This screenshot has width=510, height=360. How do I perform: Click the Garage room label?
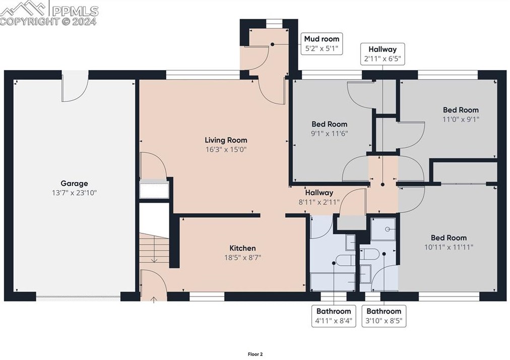coord(74,183)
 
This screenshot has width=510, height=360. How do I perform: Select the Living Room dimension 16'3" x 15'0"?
coord(226,150)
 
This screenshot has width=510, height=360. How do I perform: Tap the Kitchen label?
coord(242,248)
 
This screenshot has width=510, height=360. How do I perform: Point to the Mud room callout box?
coord(322,44)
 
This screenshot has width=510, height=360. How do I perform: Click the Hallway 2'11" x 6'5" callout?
coord(382,54)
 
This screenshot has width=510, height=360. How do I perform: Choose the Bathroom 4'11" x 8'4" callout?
coord(334,316)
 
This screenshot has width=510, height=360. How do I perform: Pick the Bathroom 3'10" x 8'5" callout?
coord(384,316)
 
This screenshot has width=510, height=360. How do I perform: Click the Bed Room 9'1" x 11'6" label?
coord(330,129)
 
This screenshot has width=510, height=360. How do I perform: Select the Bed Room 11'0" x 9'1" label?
coord(461,114)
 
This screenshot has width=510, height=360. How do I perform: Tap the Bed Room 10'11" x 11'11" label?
coord(449,243)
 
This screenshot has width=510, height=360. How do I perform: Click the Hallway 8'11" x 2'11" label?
coord(319,197)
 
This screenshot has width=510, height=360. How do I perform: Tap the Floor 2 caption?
coord(256,354)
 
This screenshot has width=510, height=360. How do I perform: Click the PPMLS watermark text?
coord(75,12)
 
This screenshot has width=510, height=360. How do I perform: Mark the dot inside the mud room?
coord(273,44)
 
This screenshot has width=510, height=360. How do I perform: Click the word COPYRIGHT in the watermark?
coord(30,22)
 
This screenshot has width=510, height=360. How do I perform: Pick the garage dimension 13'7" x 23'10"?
coord(75,193)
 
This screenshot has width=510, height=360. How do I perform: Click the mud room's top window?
coord(274,23)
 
